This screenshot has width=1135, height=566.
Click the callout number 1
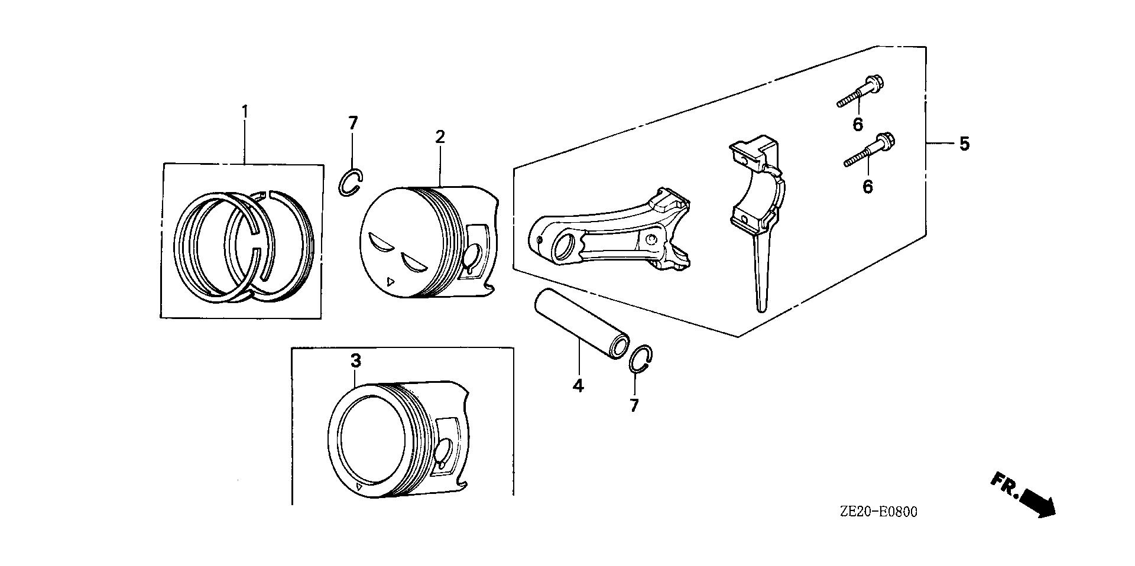(244, 111)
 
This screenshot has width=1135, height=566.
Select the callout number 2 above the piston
(440, 136)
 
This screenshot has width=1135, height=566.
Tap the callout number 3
(355, 360)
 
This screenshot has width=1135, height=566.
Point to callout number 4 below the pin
(578, 386)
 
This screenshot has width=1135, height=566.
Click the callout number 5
(964, 144)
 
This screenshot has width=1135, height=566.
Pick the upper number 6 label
(858, 124)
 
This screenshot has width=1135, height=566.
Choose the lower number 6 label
(867, 187)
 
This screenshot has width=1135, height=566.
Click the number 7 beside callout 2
(353, 123)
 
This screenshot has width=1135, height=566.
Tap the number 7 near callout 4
(634, 405)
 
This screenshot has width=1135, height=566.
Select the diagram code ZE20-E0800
(878, 512)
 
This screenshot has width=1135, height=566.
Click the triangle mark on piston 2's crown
(389, 282)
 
